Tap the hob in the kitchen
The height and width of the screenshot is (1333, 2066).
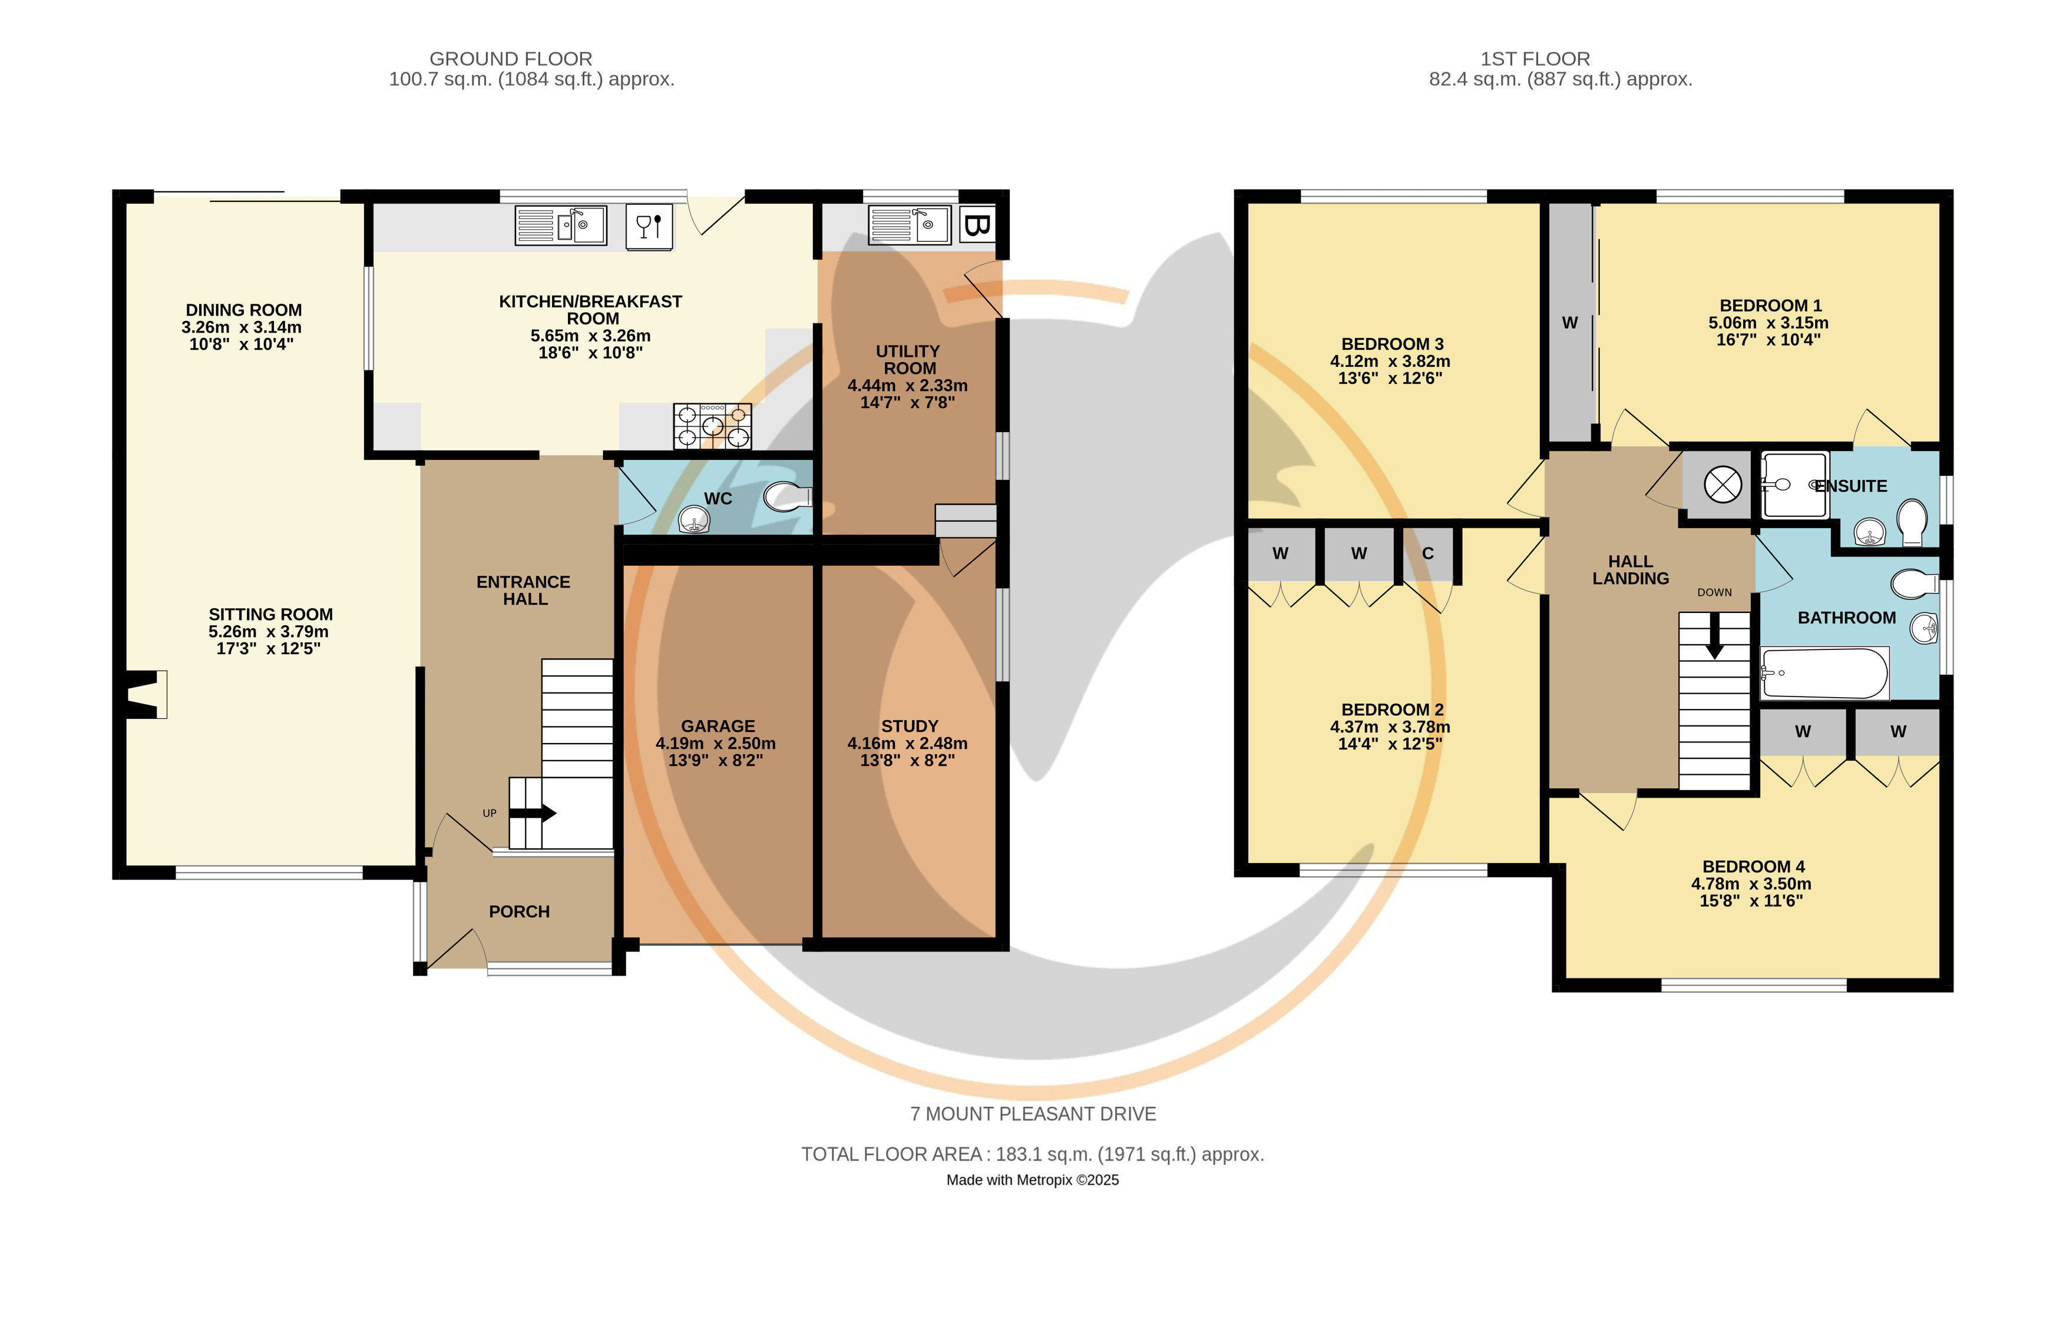[x=713, y=426]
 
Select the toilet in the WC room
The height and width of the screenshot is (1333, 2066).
[x=788, y=497]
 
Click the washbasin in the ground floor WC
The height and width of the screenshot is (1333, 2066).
[x=693, y=519]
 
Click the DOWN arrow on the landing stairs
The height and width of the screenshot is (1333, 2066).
[x=1714, y=637]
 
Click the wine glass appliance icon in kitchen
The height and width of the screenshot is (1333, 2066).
[x=649, y=227]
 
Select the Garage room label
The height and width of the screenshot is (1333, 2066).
[x=718, y=726]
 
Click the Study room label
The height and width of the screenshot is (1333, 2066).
[x=909, y=726]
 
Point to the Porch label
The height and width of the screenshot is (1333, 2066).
[x=520, y=911]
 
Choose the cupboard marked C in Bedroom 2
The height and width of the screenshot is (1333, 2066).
[x=1428, y=554]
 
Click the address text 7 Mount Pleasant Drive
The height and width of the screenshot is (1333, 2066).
[x=1033, y=1114]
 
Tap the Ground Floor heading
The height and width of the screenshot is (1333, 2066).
[x=511, y=59]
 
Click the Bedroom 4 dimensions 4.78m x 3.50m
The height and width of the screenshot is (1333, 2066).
[x=1751, y=884]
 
